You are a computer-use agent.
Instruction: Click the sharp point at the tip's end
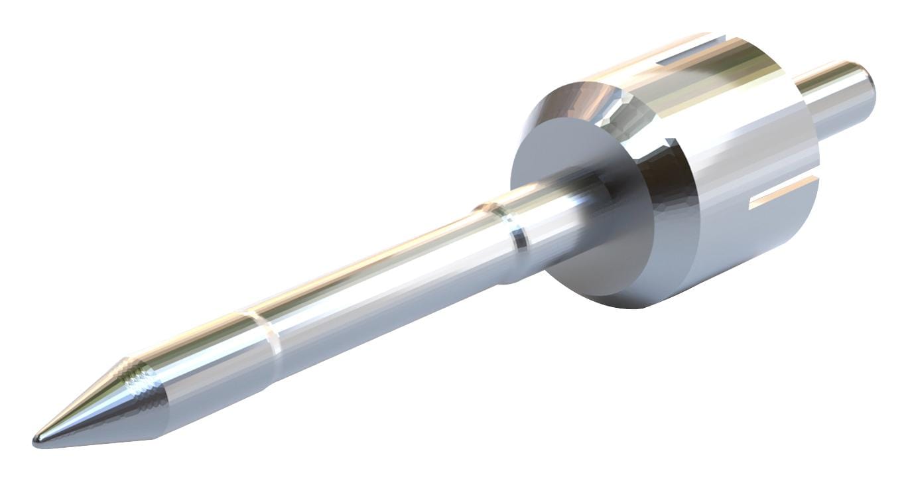click(36, 439)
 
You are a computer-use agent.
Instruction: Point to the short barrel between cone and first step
click(206, 358)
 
